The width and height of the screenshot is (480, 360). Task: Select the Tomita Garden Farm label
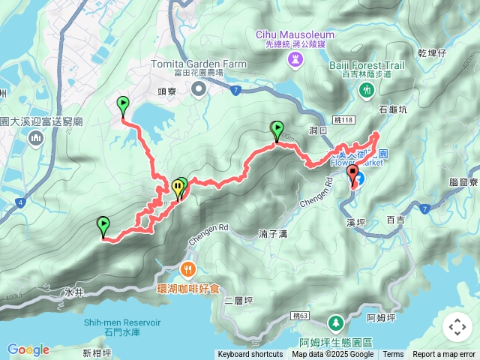[198, 64]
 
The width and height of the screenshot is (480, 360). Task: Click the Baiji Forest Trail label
[366, 66]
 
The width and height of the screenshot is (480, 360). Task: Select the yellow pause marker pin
[178, 189]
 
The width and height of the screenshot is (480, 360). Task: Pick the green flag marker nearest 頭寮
[123, 106]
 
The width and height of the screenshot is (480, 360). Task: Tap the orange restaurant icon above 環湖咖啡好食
[188, 268]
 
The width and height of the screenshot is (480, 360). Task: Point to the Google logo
[28, 349]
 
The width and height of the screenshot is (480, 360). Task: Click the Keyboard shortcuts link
[250, 355]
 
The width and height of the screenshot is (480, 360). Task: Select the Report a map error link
[445, 355]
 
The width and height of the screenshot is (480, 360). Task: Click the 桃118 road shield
[342, 119]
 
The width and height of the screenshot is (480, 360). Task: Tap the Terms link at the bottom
[393, 355]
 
